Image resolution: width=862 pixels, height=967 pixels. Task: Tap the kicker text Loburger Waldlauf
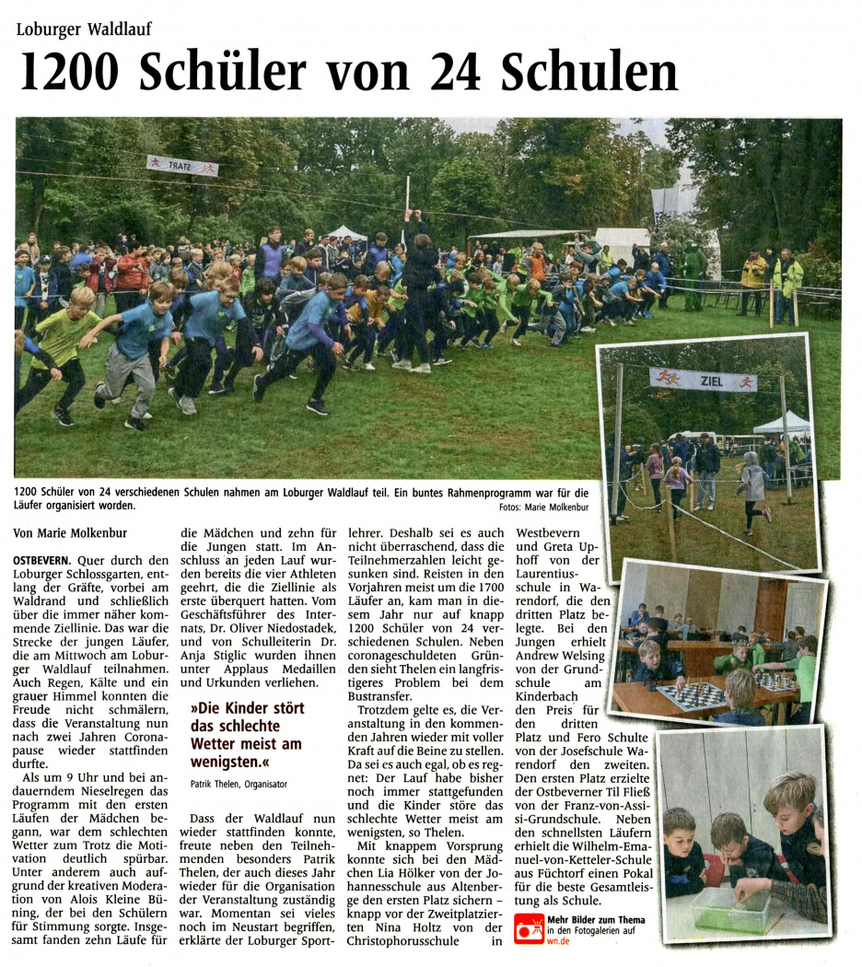(85, 29)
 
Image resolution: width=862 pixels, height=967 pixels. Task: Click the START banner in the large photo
(182, 167)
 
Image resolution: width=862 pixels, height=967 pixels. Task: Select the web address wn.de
(559, 941)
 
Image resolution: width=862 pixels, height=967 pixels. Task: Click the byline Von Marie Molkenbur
(70, 532)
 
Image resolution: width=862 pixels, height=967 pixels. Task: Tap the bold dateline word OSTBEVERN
(42, 560)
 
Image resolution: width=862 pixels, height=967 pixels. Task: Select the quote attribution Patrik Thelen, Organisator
(239, 784)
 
